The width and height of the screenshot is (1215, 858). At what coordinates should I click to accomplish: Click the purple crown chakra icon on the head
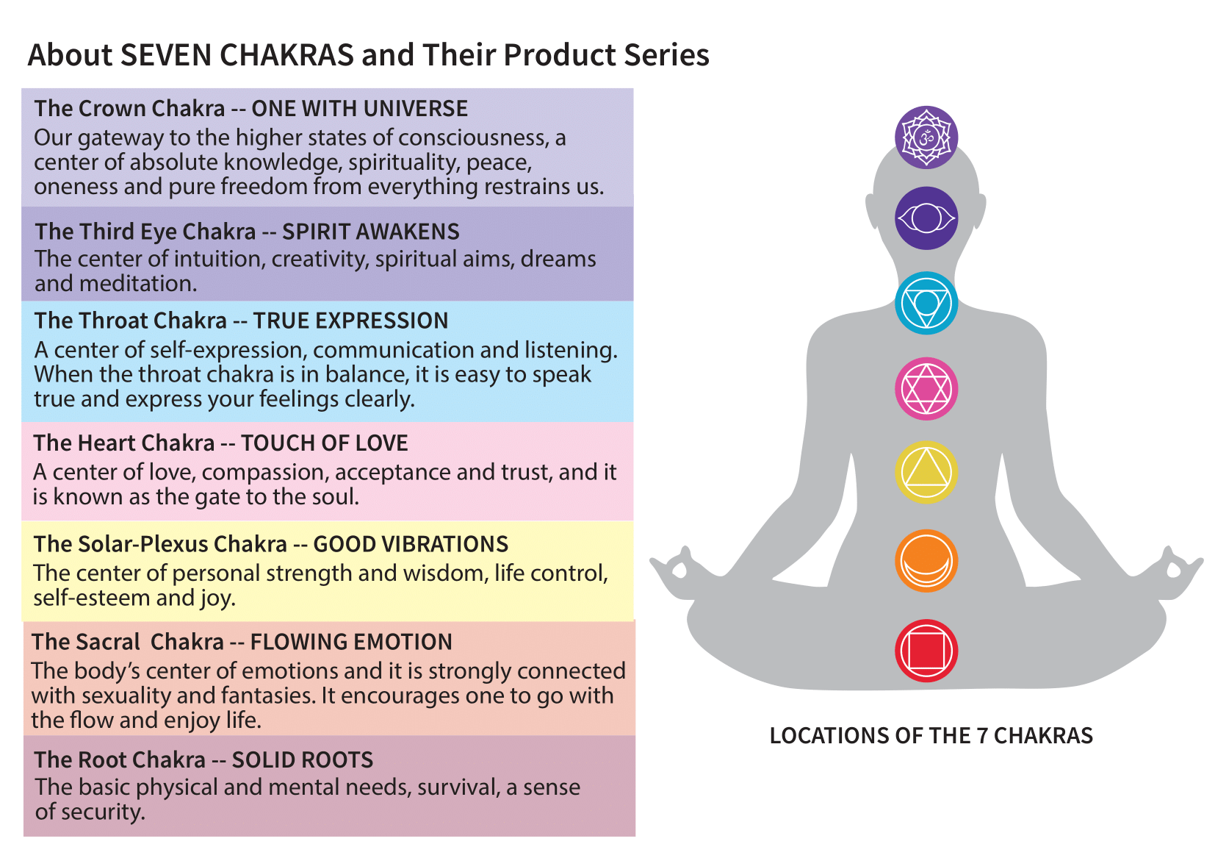point(926,137)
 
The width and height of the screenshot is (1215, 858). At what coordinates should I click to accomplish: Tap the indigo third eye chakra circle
point(926,218)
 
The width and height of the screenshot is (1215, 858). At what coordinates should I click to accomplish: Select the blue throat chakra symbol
point(926,303)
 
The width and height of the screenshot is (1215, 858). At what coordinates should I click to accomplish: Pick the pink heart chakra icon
point(926,388)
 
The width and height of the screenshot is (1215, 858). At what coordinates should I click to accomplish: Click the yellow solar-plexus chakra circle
point(926,472)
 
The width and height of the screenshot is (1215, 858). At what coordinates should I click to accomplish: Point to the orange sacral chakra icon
point(926,561)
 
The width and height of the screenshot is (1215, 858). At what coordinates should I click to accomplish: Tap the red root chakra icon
point(926,651)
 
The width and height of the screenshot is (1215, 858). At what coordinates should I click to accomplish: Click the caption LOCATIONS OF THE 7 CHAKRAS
point(931,736)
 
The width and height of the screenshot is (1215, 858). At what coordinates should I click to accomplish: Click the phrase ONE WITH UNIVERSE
point(359,109)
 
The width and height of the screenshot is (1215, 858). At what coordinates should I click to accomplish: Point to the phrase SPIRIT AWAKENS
point(371,232)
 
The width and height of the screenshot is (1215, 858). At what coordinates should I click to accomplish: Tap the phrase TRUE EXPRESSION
point(350,321)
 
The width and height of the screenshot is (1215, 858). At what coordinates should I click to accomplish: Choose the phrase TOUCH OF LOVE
point(324,443)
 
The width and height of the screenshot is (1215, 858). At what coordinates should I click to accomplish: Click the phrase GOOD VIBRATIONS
point(411,544)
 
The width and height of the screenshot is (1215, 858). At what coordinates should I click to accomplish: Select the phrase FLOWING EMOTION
point(351,642)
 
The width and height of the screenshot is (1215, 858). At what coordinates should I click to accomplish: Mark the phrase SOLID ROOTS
point(303,759)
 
